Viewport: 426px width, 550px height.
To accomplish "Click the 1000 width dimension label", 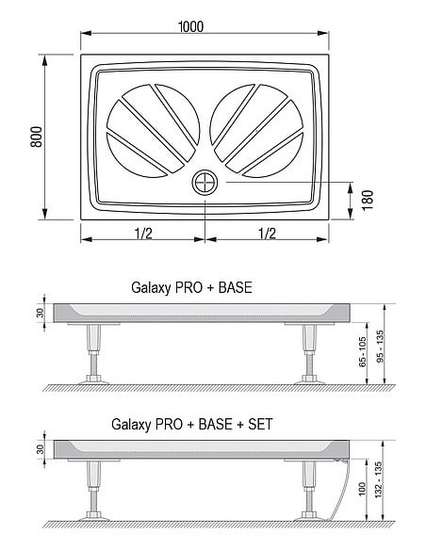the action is pos(191,26).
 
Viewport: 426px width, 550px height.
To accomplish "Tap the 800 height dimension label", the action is pos(36,137).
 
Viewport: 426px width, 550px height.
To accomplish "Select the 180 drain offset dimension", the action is pos(368,200).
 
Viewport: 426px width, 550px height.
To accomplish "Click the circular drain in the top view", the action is pos(205,183).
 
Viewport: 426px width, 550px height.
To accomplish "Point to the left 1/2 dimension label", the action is pos(143,234).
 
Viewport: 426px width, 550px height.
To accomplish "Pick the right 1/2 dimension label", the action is pos(267,234).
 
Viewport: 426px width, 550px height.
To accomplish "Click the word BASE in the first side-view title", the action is pos(235,287).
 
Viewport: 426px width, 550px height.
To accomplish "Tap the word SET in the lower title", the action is pos(260,424).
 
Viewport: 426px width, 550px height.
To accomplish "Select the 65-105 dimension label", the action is pos(363,352).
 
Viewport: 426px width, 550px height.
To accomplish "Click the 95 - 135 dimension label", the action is pos(380,346).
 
